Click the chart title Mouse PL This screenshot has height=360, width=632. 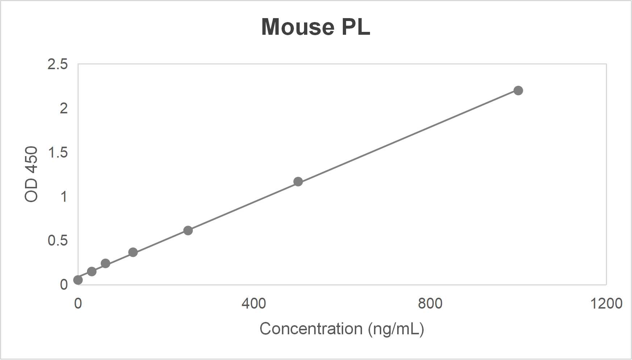pyautogui.click(x=316, y=27)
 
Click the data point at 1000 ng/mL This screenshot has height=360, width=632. pyautogui.click(x=518, y=91)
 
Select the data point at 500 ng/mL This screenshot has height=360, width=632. pyautogui.click(x=298, y=181)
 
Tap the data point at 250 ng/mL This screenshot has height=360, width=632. pyautogui.click(x=188, y=230)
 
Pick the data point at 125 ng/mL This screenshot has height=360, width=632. pyautogui.click(x=133, y=252)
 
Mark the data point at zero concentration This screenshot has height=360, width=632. pyautogui.click(x=78, y=280)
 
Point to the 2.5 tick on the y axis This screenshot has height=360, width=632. pyautogui.click(x=58, y=64)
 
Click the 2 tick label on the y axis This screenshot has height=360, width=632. pyautogui.click(x=63, y=108)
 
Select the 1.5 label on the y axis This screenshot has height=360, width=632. pyautogui.click(x=58, y=152)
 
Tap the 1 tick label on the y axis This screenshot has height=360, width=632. pyautogui.click(x=64, y=197)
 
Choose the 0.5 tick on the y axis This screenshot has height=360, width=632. pyautogui.click(x=58, y=240)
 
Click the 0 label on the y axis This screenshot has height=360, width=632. pyautogui.click(x=64, y=285)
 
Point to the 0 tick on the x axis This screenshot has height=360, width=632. pyautogui.click(x=78, y=304)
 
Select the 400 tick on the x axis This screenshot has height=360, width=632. pyautogui.click(x=254, y=304)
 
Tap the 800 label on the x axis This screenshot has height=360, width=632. pyautogui.click(x=430, y=304)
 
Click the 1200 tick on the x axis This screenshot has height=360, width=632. pyautogui.click(x=606, y=304)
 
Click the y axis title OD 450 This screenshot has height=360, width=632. pyautogui.click(x=32, y=174)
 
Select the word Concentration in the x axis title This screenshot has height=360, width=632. pyautogui.click(x=311, y=329)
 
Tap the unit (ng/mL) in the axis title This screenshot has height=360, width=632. pyautogui.click(x=396, y=329)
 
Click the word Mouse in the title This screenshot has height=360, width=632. pyautogui.click(x=298, y=27)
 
